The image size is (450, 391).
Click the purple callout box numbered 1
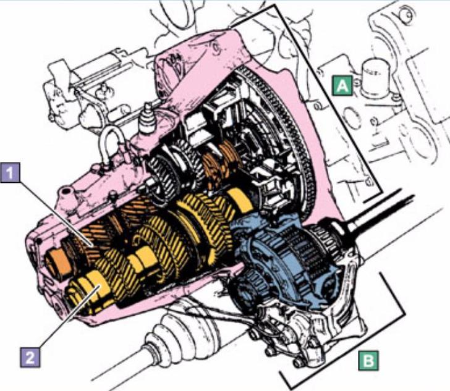click(x=11, y=172)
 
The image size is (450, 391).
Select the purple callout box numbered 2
click(x=30, y=357)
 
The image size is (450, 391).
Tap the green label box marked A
click(x=342, y=85)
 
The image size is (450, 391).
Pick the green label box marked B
click(x=368, y=360)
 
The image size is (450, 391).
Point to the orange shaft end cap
click(x=58, y=264)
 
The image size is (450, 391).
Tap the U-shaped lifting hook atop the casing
click(x=111, y=146)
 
